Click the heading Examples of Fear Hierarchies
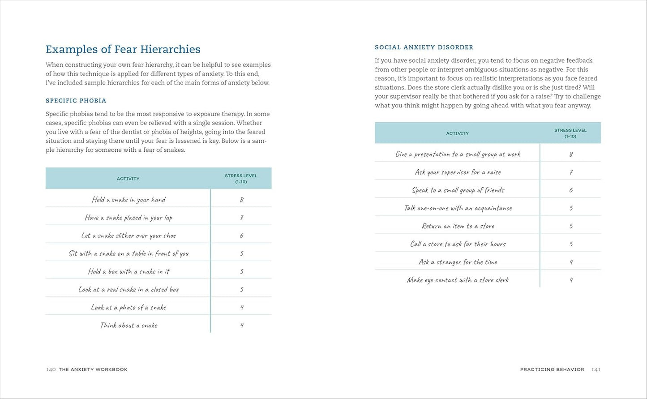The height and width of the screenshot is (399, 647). (123, 49)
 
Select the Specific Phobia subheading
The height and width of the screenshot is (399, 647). (76, 101)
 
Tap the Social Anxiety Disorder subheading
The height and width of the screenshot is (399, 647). (424, 47)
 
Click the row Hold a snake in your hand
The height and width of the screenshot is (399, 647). (129, 200)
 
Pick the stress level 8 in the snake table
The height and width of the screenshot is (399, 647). (241, 200)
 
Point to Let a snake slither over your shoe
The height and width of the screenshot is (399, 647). (129, 236)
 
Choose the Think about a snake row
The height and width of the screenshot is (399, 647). (129, 326)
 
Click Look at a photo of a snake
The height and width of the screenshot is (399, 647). (129, 308)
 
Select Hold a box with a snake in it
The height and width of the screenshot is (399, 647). (129, 271)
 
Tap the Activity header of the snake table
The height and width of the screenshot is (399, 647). (128, 179)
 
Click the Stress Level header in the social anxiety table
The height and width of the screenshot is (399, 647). (570, 133)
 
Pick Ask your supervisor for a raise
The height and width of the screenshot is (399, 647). (458, 172)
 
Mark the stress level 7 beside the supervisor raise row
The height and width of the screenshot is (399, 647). (571, 172)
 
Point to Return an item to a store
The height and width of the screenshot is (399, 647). (458, 226)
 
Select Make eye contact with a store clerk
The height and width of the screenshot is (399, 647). (458, 280)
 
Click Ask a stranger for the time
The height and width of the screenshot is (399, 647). (458, 262)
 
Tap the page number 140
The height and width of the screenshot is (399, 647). (51, 369)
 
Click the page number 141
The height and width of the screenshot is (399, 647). (596, 369)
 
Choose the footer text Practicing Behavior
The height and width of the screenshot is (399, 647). (552, 369)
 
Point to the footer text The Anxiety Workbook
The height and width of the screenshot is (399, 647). (93, 369)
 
